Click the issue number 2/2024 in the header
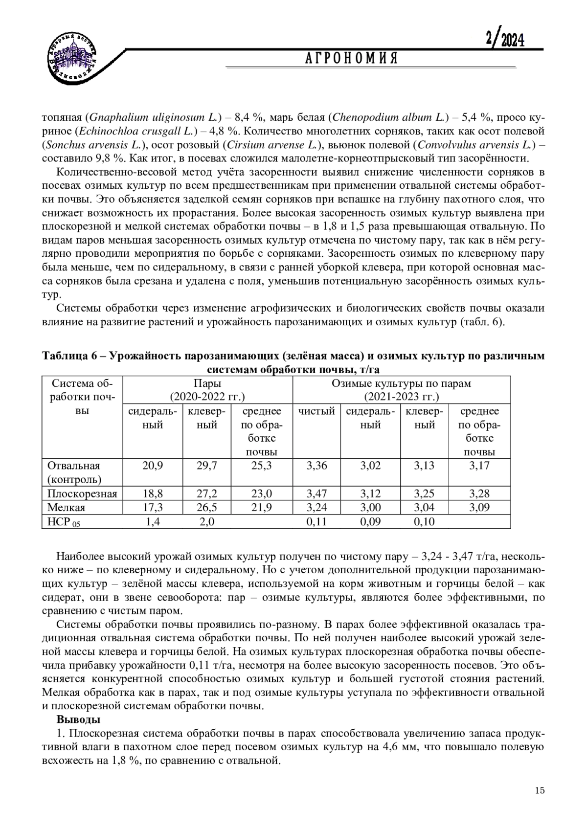pos(504,40)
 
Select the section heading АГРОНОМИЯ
pos(351,59)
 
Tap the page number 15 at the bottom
pos(540,790)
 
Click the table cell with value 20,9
pos(153,466)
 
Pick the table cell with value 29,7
pos(206,466)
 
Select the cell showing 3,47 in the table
pos(316,494)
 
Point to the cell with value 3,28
pos(479,494)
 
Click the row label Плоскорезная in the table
pos(82,494)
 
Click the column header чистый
pos(316,411)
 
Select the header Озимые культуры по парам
pos(401,383)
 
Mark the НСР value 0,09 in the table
pos(370,522)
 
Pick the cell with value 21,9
pos(261,508)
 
